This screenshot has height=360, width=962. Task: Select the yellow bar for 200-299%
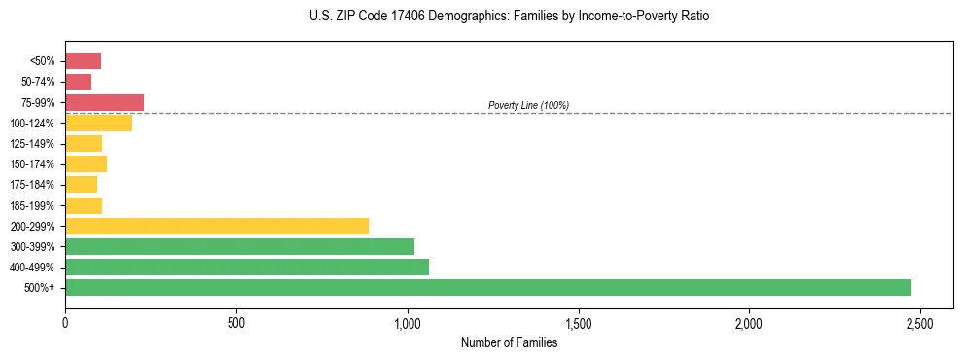pyautogui.click(x=217, y=226)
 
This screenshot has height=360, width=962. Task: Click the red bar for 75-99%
pyautogui.click(x=104, y=102)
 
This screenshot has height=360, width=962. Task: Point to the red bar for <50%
pyautogui.click(x=83, y=61)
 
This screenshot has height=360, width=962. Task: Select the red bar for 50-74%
pyautogui.click(x=78, y=82)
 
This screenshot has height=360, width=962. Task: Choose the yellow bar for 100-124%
pyautogui.click(x=98, y=123)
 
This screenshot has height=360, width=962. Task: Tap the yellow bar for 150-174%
pyautogui.click(x=86, y=163)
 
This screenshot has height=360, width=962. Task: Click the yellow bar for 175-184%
pyautogui.click(x=81, y=184)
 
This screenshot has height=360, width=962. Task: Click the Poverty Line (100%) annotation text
pyautogui.click(x=528, y=105)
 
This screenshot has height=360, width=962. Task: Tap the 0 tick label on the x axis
pyautogui.click(x=65, y=322)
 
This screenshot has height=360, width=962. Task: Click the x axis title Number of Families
pyautogui.click(x=509, y=342)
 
